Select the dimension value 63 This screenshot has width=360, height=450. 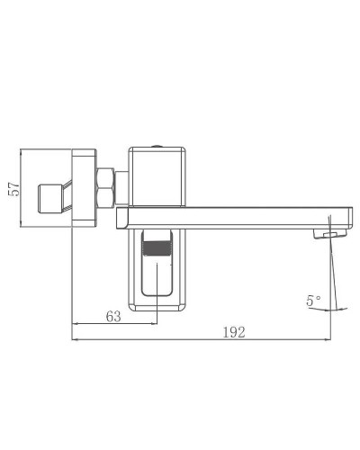(x=113, y=316)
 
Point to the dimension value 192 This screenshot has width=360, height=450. (x=232, y=331)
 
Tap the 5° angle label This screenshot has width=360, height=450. (x=313, y=301)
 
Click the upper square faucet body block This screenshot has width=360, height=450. (x=159, y=177)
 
